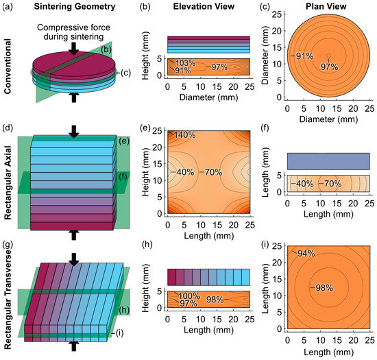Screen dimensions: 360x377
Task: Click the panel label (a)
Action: click(x=10, y=7)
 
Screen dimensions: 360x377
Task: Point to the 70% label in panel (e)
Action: click(x=217, y=171)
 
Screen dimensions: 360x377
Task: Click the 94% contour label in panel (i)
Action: click(x=306, y=254)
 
